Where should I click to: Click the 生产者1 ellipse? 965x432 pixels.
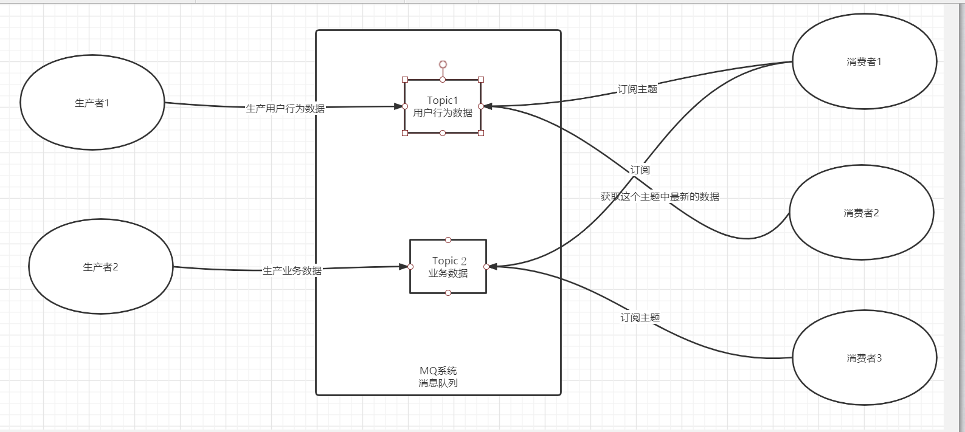[92, 103]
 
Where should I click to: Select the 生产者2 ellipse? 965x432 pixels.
[101, 267]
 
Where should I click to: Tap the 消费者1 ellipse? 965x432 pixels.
[864, 62]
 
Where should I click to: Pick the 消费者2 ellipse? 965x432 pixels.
[861, 213]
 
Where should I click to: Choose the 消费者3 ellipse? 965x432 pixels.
[864, 358]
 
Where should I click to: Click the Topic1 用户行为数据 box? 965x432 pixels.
[443, 106]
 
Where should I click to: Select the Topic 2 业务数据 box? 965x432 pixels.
[448, 267]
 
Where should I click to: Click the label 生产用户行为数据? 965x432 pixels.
[285, 109]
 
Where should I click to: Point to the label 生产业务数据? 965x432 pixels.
[292, 271]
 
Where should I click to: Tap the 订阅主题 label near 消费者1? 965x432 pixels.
[637, 89]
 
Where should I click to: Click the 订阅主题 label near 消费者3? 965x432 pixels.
[640, 318]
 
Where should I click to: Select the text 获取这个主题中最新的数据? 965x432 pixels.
[660, 197]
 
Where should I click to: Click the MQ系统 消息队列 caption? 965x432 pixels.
[438, 377]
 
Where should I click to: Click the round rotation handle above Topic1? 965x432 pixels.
[443, 64]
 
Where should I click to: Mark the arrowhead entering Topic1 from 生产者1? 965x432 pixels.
[399, 106]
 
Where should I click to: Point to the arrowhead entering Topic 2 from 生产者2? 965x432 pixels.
[404, 266]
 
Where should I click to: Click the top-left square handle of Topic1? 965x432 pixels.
[405, 80]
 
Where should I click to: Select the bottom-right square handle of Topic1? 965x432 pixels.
[481, 132]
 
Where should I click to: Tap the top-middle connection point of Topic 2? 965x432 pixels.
[448, 239]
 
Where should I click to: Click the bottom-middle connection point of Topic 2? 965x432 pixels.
[448, 293]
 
